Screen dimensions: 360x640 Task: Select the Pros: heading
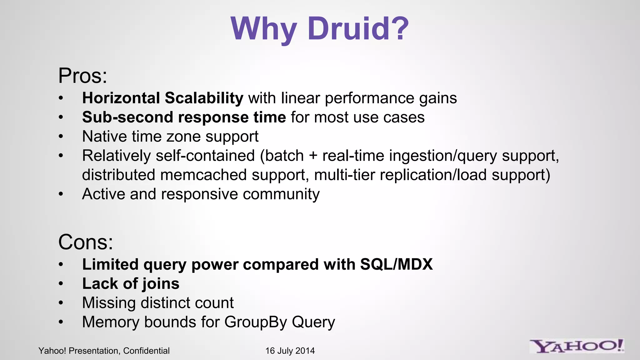tap(83, 76)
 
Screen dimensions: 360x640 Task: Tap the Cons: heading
tap(86, 242)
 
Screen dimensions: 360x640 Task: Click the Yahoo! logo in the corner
tap(577, 346)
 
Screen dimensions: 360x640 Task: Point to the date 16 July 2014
tap(290, 351)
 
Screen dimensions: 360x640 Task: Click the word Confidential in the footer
tap(146, 351)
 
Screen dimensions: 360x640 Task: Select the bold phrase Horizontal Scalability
tap(162, 98)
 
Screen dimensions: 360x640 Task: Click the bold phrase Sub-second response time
tap(184, 117)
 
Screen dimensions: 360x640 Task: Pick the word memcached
tap(203, 175)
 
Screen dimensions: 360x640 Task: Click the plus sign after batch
tap(313, 156)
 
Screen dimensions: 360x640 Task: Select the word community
tap(281, 194)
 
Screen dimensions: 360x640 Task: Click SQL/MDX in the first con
tap(396, 265)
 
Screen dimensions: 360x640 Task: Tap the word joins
tap(161, 284)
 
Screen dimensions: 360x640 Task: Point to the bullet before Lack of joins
tap(61, 284)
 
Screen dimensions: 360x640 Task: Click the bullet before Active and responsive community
tap(61, 194)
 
